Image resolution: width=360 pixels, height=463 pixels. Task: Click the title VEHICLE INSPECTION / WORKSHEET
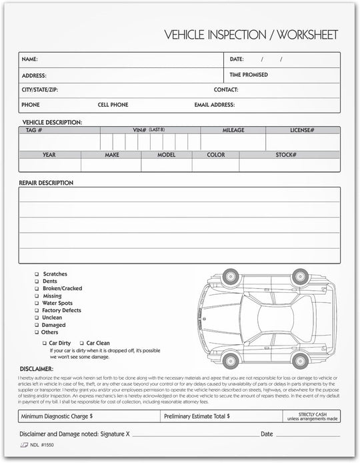tap(251, 34)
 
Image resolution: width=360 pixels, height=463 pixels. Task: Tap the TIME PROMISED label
tap(249, 75)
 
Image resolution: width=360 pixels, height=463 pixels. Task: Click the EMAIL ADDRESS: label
tap(215, 105)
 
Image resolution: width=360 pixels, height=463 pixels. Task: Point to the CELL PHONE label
tap(113, 105)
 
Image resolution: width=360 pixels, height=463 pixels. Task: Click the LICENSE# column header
tap(302, 130)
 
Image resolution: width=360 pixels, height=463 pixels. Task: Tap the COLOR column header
tap(215, 154)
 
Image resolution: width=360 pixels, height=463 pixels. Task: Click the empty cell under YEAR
tap(49, 165)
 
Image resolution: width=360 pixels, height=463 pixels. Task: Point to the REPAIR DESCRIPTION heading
tap(46, 182)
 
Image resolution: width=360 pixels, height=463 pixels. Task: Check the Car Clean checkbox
tap(81, 343)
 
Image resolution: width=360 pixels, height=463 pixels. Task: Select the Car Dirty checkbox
tap(45, 343)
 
